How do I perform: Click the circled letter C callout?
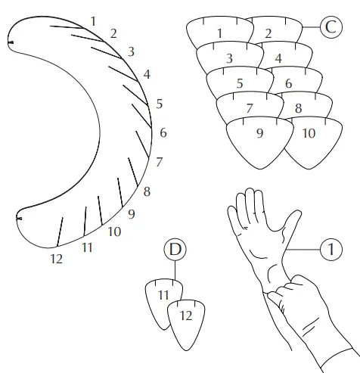tap(331, 28)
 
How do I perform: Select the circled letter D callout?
tap(175, 249)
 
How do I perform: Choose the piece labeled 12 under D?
tap(186, 315)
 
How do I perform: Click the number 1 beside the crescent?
tap(93, 20)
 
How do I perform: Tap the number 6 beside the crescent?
tap(163, 133)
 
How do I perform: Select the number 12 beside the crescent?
tap(56, 259)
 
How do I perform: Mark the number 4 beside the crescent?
tap(147, 74)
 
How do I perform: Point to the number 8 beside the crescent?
tap(146, 191)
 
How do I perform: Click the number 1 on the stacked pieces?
tap(219, 33)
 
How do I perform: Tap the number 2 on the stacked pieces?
tap(268, 33)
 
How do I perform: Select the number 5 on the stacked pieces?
tap(239, 84)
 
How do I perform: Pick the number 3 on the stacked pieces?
tap(229, 58)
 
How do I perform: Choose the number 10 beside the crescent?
tap(114, 232)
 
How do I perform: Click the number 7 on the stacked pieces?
tap(249, 109)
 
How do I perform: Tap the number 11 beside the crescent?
tap(87, 247)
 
